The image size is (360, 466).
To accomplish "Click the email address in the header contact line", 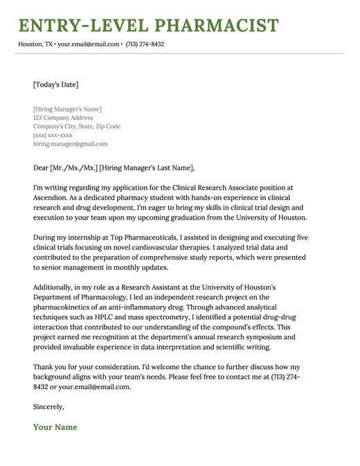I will [88, 44].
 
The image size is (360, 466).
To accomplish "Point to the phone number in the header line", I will [145, 44].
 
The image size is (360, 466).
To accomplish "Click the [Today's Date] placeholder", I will [55, 84].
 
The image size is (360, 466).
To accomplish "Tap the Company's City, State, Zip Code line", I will [76, 127].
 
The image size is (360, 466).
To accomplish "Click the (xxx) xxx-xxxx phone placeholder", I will [53, 135].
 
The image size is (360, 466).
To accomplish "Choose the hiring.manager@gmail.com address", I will [70, 144].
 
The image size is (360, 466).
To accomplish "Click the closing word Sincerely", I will [48, 406].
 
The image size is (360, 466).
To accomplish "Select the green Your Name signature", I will [55, 427].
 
